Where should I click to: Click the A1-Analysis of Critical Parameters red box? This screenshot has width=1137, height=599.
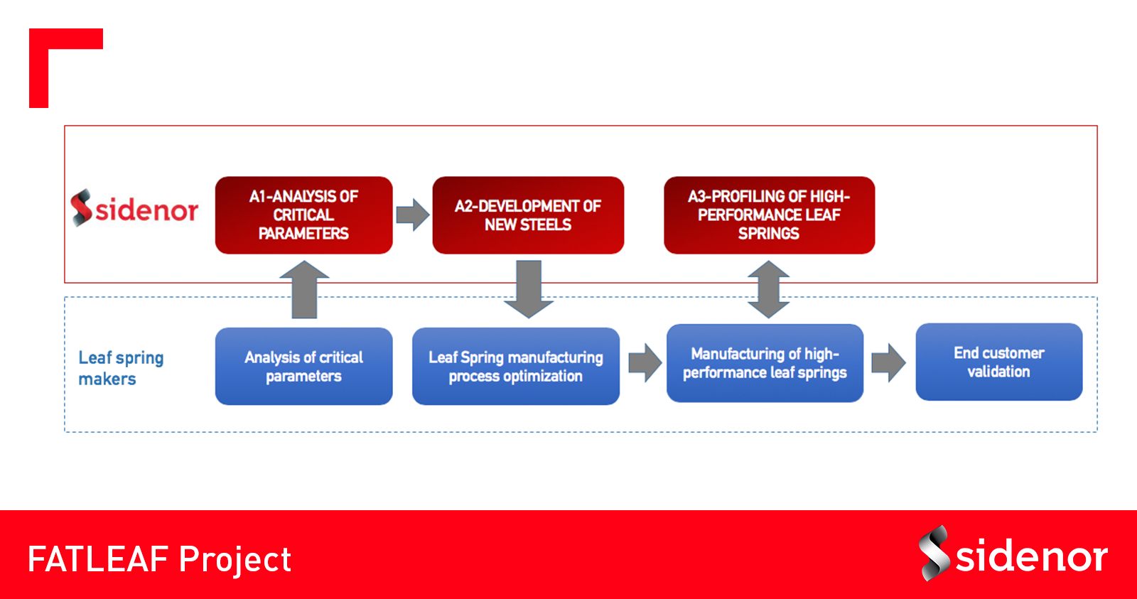(303, 215)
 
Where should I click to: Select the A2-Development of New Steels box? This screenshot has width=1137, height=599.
(528, 215)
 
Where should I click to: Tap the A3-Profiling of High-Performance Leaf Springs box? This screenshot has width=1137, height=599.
(769, 215)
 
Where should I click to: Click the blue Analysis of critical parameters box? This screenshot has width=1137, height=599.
(303, 366)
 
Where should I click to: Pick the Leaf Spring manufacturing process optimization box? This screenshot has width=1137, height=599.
(516, 366)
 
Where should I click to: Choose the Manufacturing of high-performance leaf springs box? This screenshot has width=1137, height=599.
(765, 363)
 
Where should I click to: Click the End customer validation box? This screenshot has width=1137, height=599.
(999, 362)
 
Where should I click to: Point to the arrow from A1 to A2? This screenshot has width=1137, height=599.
(413, 215)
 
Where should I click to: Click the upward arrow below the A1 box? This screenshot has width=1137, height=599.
(305, 289)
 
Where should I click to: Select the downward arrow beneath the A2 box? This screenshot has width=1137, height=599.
(529, 289)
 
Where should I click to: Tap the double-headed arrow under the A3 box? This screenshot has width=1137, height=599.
(768, 289)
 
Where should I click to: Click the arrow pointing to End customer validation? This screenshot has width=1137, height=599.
(888, 362)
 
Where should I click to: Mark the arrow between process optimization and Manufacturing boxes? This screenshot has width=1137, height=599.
(645, 362)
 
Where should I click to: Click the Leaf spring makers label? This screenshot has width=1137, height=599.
(121, 368)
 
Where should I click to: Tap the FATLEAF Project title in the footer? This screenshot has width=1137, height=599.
(159, 559)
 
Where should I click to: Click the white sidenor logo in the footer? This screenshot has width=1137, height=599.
(1013, 554)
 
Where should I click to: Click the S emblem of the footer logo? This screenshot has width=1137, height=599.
(934, 554)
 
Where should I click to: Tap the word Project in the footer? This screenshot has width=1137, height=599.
(235, 560)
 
